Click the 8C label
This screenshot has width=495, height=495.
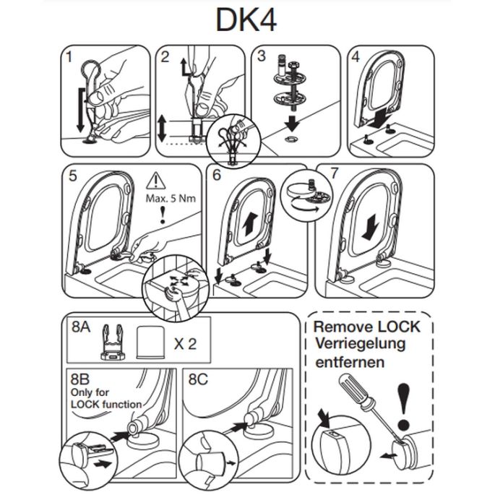click(x=194, y=378)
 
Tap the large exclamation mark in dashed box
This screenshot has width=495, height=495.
click(x=404, y=404)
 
